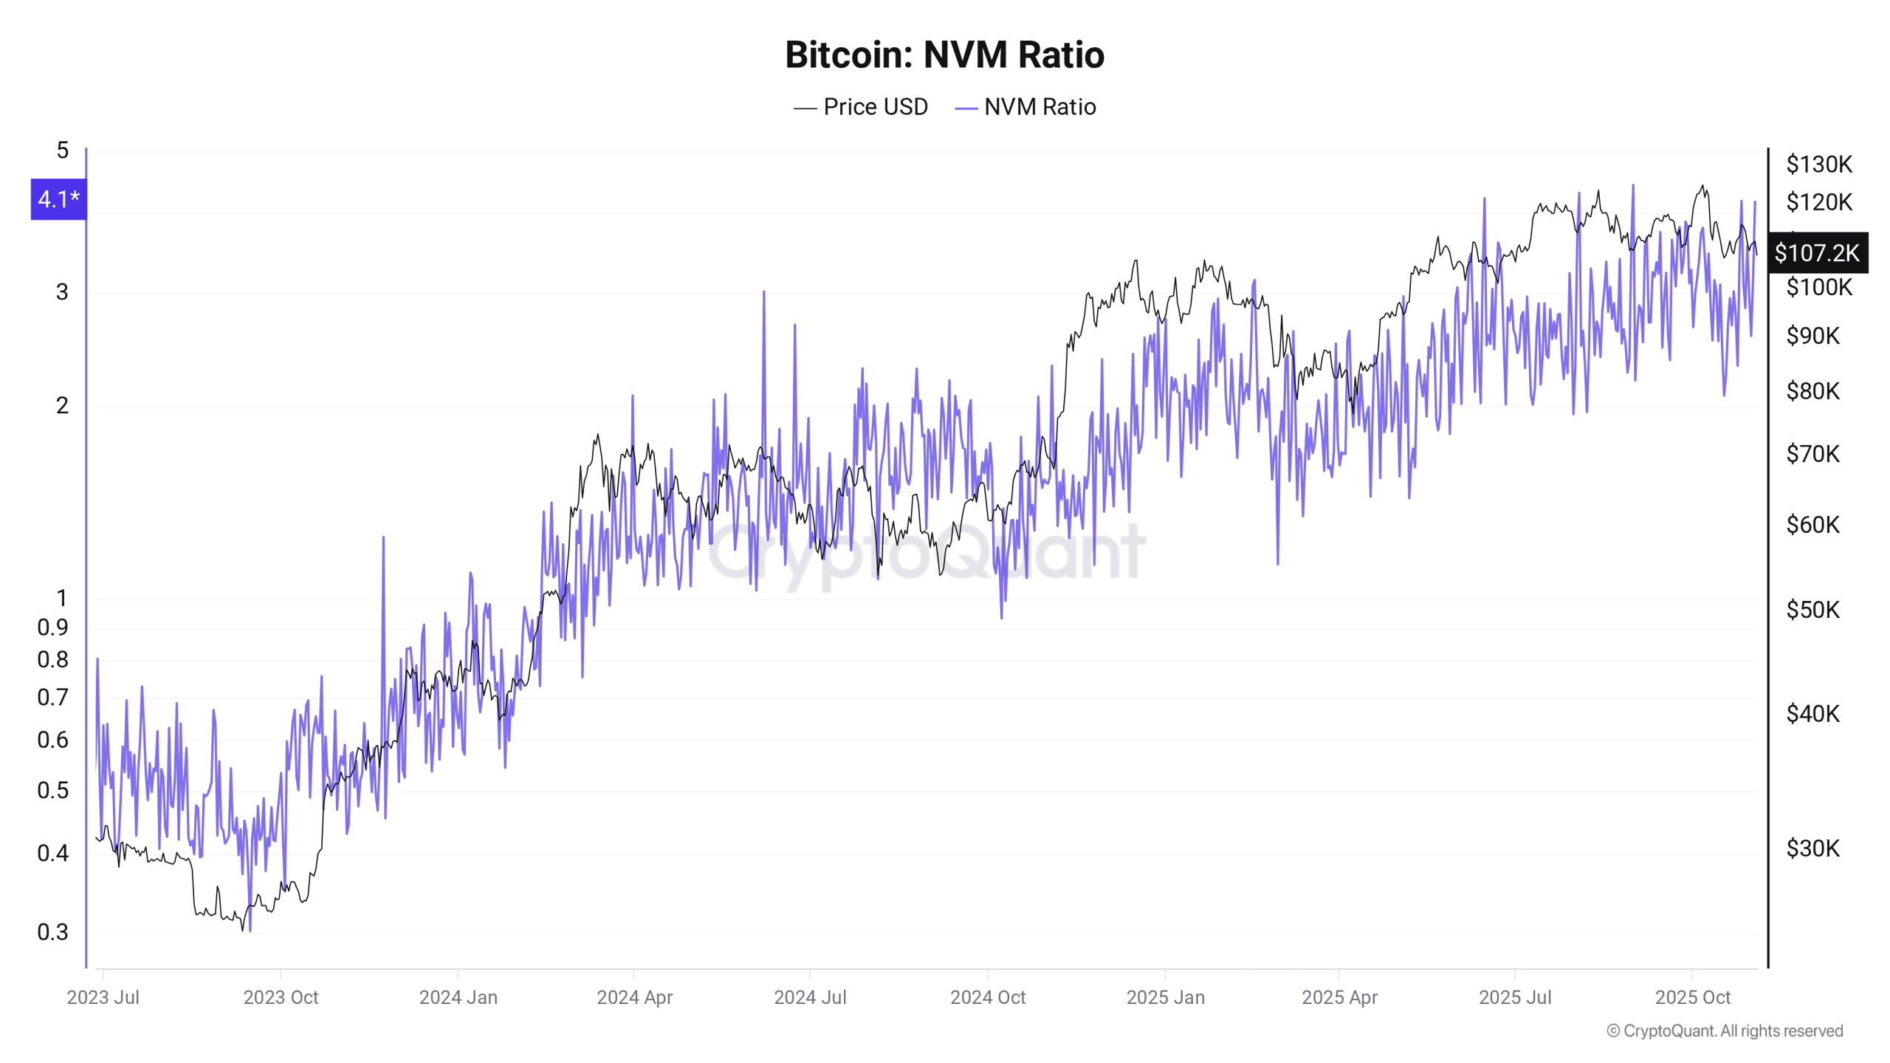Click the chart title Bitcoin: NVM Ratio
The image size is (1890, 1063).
tap(944, 55)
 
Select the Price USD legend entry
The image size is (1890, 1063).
tap(861, 107)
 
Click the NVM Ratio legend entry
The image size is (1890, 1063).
tap(1026, 107)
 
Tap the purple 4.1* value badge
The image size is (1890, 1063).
tap(58, 199)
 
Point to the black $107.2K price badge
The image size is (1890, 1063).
tap(1817, 253)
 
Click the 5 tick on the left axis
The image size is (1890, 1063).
tap(63, 151)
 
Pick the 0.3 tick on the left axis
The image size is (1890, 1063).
tap(52, 932)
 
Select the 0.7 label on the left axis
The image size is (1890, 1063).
tap(52, 697)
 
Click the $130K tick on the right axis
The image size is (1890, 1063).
tap(1819, 164)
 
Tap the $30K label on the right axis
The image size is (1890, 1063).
tap(1812, 848)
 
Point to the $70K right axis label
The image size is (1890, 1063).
tap(1812, 453)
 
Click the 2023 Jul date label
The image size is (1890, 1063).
tap(103, 997)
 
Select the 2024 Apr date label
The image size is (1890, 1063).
tap(634, 997)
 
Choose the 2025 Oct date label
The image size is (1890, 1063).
tap(1692, 997)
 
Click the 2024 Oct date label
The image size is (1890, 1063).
tap(988, 997)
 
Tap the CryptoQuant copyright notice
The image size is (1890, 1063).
tap(1725, 1031)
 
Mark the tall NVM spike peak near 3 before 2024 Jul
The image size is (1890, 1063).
tap(763, 293)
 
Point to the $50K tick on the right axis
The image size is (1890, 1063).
tap(1812, 610)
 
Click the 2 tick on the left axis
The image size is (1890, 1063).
tap(63, 405)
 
